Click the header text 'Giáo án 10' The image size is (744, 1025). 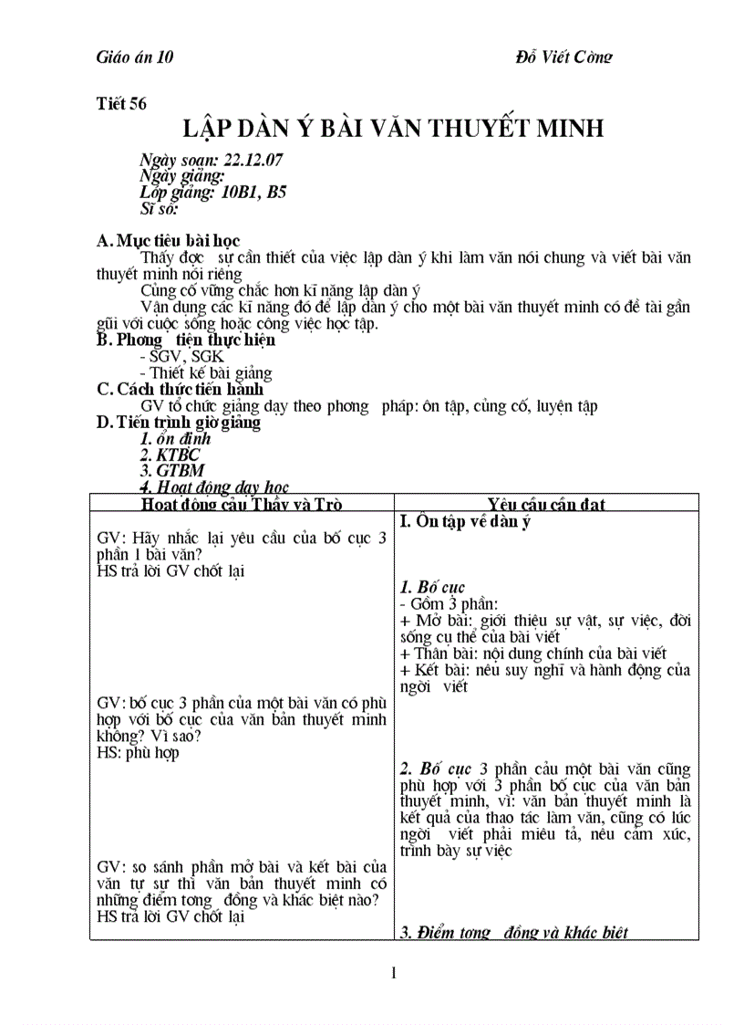135,57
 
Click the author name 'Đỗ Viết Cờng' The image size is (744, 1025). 563,57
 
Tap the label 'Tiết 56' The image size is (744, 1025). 121,103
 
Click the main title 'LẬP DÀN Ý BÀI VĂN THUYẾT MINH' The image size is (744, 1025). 393,128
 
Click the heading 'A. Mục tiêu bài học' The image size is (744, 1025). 168,241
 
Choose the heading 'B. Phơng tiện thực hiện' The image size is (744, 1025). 186,340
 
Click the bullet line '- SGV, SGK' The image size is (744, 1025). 181,357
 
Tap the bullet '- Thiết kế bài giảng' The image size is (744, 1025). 206,372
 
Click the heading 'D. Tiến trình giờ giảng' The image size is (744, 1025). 178,423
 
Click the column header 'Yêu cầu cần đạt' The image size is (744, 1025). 546,505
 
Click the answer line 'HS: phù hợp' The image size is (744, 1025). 138,753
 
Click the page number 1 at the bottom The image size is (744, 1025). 393,973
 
